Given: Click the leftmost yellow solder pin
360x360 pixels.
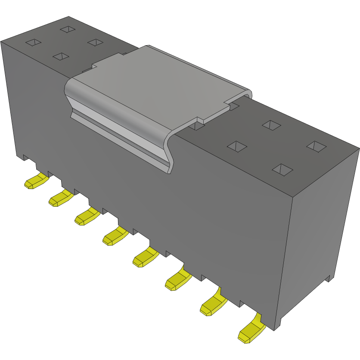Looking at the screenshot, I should click(34, 182).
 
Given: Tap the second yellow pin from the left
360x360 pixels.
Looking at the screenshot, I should click(60, 199).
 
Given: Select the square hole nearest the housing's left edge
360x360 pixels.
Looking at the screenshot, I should click(33, 42).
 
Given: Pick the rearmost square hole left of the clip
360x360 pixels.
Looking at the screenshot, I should click(67, 29).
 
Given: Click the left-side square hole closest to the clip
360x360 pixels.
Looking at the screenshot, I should click(95, 42).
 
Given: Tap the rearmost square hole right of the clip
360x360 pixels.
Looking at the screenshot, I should click(271, 125).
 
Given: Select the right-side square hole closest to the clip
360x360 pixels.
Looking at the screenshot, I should click(237, 146).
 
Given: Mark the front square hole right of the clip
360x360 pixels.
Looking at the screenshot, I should click(283, 170).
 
